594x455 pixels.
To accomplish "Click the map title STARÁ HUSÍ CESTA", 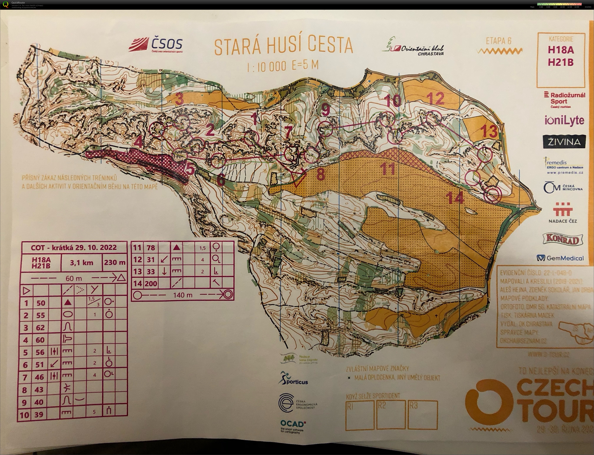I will pos(284,46).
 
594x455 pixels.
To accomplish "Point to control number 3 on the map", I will pos(179,99).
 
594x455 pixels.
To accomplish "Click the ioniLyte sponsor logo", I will pos(564,120).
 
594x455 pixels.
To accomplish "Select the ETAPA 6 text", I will pos(498,41).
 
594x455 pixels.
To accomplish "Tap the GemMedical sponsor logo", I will pos(560,258).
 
